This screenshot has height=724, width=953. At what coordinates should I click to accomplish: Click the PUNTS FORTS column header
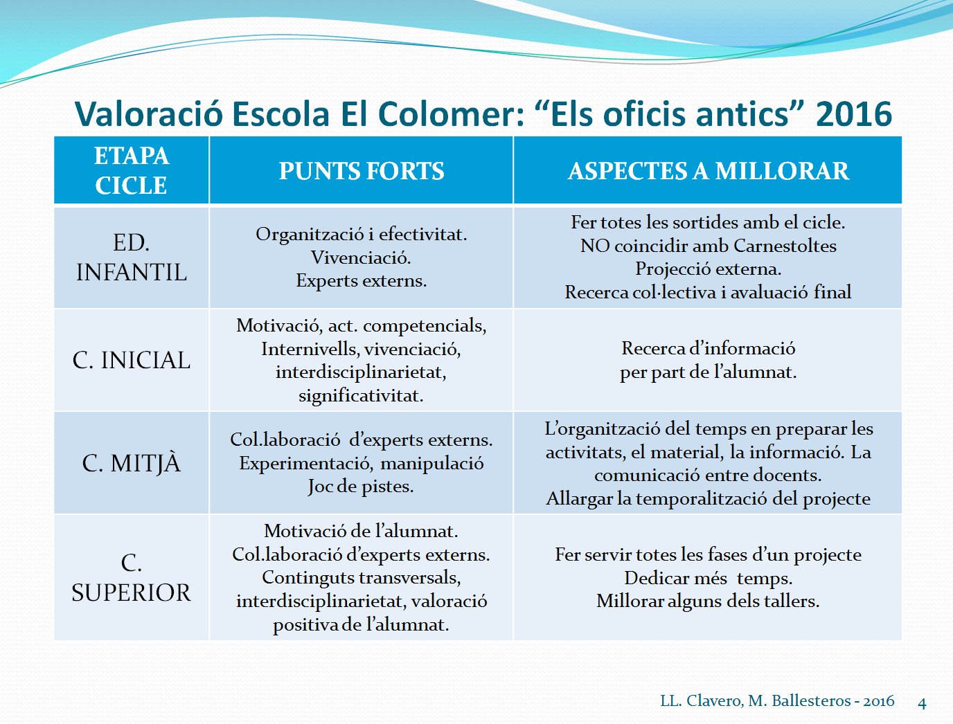[x=362, y=170]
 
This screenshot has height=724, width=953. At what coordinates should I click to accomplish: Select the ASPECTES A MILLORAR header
[x=708, y=170]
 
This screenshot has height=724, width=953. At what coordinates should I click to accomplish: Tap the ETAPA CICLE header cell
[x=131, y=170]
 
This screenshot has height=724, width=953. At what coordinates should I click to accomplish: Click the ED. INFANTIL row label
[x=131, y=257]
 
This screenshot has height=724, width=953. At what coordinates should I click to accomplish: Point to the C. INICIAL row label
[x=131, y=360]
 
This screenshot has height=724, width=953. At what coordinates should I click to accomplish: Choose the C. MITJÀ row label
[x=131, y=463]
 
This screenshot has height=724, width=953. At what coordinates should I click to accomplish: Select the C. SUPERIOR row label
[x=131, y=577]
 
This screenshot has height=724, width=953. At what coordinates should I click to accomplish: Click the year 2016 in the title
[x=853, y=114]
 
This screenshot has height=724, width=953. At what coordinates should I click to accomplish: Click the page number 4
[x=922, y=703]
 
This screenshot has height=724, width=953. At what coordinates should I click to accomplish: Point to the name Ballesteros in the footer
[x=811, y=701]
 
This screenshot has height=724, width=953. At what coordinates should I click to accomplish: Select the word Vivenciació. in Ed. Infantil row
[x=361, y=257]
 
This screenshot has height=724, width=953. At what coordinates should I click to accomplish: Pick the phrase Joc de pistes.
[x=361, y=487]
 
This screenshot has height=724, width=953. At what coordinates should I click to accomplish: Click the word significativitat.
[x=361, y=396]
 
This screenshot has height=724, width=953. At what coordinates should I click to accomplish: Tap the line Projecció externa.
[x=708, y=269]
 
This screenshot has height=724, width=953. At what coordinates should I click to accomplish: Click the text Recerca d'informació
[x=708, y=348]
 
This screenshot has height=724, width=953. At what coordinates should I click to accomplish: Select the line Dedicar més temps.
[x=708, y=578]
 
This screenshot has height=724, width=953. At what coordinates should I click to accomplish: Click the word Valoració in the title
[x=149, y=114]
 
